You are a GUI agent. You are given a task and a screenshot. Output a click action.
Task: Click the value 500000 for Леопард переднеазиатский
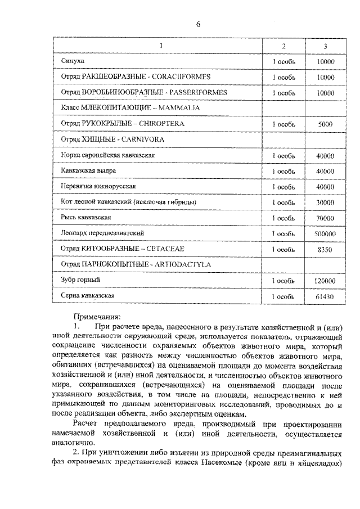[x=325, y=233]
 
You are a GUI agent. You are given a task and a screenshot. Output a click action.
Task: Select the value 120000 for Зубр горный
[x=325, y=280]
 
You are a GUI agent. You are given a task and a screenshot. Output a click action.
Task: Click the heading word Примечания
[x=96, y=317]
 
